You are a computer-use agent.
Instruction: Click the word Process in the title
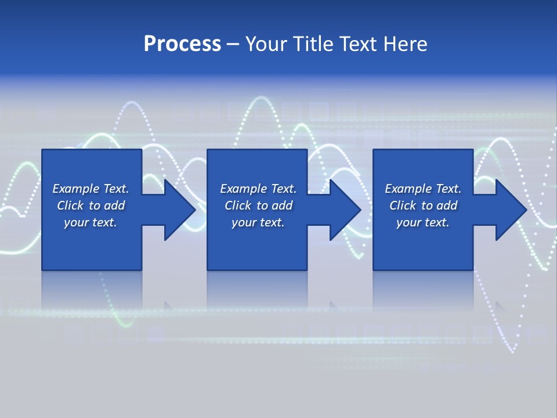click(x=182, y=44)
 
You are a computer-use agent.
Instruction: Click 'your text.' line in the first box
click(x=91, y=222)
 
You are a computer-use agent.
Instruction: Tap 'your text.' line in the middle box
click(x=258, y=222)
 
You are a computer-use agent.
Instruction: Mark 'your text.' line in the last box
click(x=423, y=222)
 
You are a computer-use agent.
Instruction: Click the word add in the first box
click(x=114, y=206)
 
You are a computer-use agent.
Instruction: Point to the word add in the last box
click(x=447, y=206)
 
